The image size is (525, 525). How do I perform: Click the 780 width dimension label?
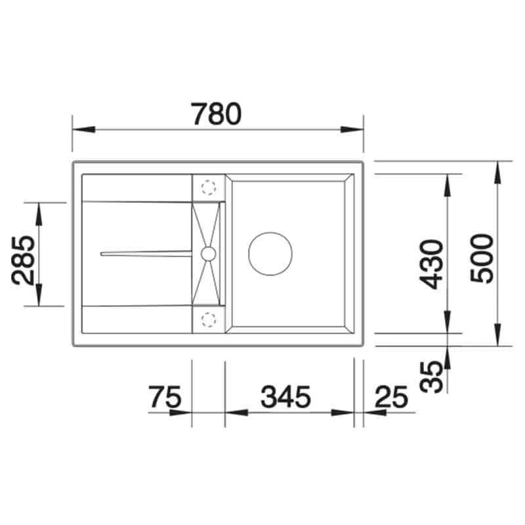pyautogui.click(x=216, y=114)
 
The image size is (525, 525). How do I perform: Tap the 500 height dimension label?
pyautogui.click(x=482, y=258)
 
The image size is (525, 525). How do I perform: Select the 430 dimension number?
pyautogui.click(x=432, y=264)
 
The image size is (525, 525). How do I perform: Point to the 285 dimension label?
pyautogui.click(x=23, y=261)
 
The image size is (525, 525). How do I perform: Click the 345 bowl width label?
pyautogui.click(x=286, y=397)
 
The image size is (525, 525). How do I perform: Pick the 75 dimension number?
pyautogui.click(x=165, y=397)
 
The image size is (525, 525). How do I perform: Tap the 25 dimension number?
pyautogui.click(x=392, y=397)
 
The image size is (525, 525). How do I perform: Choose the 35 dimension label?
pyautogui.click(x=432, y=377)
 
